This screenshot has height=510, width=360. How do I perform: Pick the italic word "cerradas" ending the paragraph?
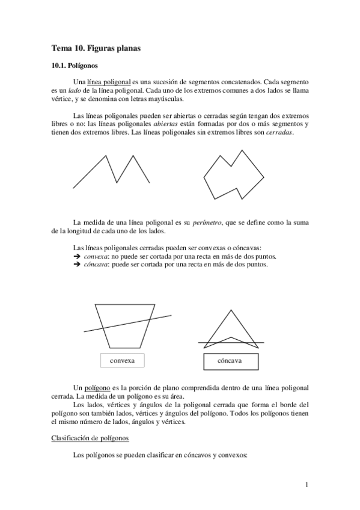(279, 133)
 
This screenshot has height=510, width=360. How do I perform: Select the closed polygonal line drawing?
(233, 173)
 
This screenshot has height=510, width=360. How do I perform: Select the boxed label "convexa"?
(122, 360)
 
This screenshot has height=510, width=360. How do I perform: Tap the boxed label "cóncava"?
(230, 361)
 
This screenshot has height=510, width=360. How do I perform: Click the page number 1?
(307, 485)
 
